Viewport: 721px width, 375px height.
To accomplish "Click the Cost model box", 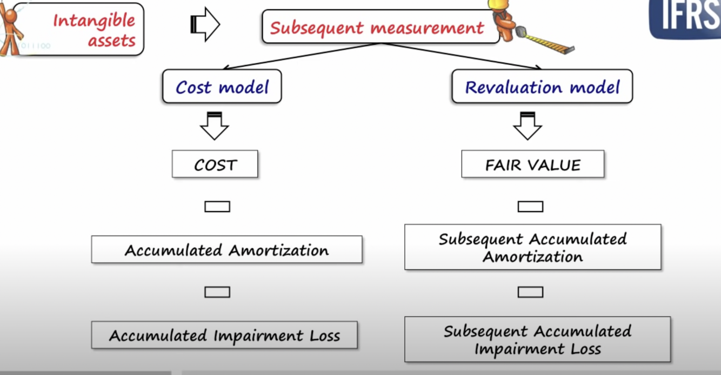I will [x=222, y=87].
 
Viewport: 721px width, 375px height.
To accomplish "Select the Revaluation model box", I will [x=542, y=87].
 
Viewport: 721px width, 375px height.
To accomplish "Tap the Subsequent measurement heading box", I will [x=377, y=27].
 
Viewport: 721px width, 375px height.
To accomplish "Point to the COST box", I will [x=215, y=164].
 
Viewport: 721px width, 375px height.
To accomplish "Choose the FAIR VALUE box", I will [x=532, y=164].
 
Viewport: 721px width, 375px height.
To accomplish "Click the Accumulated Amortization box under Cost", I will [x=226, y=249].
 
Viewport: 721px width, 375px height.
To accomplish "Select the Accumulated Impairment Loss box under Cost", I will [x=224, y=335].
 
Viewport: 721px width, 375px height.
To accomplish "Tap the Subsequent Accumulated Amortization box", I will [x=532, y=247].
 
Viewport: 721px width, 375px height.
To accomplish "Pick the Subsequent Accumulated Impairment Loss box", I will [x=537, y=339].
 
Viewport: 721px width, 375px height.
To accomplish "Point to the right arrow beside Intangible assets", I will [x=205, y=24].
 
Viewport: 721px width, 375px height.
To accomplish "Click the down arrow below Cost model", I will [x=215, y=126].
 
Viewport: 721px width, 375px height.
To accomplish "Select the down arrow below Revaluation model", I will [x=528, y=126].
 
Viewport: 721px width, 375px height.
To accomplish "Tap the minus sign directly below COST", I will [x=217, y=206].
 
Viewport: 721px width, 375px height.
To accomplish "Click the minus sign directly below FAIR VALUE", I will [x=530, y=206].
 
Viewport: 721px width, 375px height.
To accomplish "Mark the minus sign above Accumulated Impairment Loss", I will [x=217, y=292].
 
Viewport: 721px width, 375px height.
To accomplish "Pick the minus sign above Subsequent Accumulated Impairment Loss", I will [x=530, y=292].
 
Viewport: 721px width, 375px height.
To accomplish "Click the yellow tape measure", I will [x=546, y=42].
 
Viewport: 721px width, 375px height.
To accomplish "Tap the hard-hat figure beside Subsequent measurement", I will [x=504, y=19].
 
